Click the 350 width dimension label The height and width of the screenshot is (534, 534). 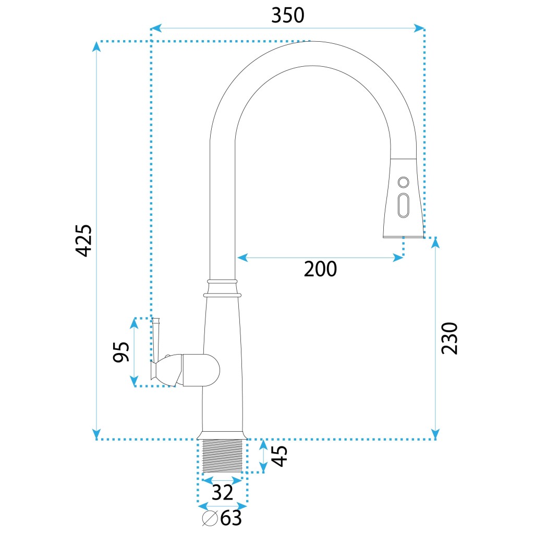coord(287,16)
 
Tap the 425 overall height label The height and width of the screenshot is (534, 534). coord(84,240)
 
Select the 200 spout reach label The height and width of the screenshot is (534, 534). coord(320,269)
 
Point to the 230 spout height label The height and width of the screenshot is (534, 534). coord(450,338)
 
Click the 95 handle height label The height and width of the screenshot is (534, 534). coord(121,351)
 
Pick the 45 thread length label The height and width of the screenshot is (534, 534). coord(280,456)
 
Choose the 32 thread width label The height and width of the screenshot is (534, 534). coord(222,492)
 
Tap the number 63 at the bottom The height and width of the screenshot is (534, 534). coord(231,518)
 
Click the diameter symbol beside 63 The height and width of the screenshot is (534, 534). coord(210,518)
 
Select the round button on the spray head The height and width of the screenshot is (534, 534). coord(403,182)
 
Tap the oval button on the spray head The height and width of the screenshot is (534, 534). coord(404,205)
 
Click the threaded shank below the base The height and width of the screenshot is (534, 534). coord(222,456)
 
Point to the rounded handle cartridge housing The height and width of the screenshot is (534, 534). coord(201,370)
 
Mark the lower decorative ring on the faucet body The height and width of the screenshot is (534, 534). coord(222,295)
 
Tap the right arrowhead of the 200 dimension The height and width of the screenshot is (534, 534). coord(398,258)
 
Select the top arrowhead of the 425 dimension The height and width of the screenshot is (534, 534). coord(96,46)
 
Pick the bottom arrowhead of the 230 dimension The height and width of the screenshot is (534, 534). coord(435,434)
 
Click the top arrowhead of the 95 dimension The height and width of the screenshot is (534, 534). coord(134,323)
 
